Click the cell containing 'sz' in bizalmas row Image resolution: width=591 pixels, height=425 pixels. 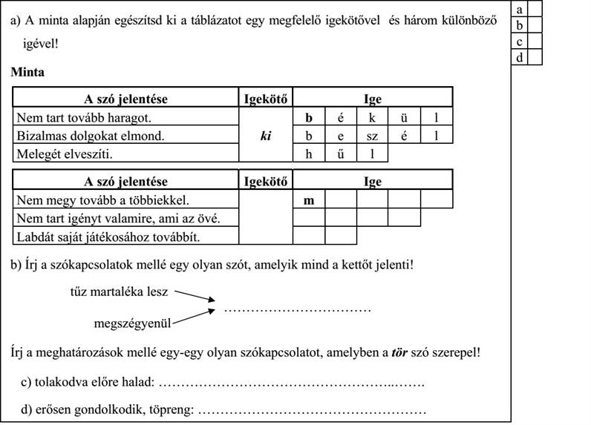pos(373,136)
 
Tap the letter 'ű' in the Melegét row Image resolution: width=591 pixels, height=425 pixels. pos(341,154)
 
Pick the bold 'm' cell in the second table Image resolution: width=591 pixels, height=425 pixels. pos(309,200)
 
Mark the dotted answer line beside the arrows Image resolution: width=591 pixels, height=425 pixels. pos(297,309)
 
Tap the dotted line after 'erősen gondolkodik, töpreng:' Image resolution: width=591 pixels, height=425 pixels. pos(313,409)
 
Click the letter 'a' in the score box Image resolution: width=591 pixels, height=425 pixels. pos(520,9)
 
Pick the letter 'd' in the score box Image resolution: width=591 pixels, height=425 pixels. pos(520,57)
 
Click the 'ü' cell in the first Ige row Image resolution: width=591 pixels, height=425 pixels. pos(404,118)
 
